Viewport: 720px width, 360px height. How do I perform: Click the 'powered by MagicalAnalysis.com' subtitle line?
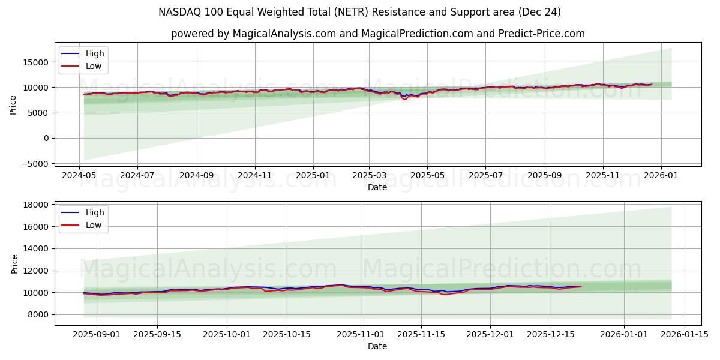(377, 34)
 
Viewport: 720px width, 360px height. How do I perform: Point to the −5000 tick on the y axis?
(35, 164)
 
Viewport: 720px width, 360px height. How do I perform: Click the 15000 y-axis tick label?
(37, 62)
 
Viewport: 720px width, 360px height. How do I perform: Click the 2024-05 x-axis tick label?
(80, 176)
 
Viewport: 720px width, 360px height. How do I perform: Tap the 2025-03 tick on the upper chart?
(369, 176)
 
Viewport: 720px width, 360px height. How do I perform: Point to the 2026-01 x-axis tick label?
(661, 176)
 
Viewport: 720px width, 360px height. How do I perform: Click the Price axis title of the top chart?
(13, 104)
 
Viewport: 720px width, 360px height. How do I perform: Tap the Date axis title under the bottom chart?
(377, 346)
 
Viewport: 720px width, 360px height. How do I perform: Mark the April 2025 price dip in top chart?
(404, 98)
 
